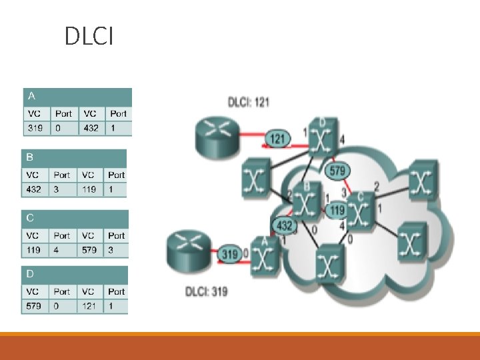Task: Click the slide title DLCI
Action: pyautogui.click(x=89, y=37)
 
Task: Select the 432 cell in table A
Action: pyautogui.click(x=90, y=128)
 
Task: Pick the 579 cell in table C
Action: pyautogui.click(x=90, y=250)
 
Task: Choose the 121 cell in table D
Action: pyautogui.click(x=90, y=306)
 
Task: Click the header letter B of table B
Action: pyautogui.click(x=29, y=157)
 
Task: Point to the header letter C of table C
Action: pyautogui.click(x=30, y=218)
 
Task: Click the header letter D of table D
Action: pyautogui.click(x=30, y=274)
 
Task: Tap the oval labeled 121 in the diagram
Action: pyautogui.click(x=277, y=139)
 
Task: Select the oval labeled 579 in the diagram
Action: pyautogui.click(x=337, y=171)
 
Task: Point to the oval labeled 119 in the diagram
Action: pyautogui.click(x=337, y=211)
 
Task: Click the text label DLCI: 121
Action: pyautogui.click(x=249, y=102)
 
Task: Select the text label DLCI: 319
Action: pyautogui.click(x=208, y=291)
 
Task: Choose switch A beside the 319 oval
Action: pyautogui.click(x=265, y=256)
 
